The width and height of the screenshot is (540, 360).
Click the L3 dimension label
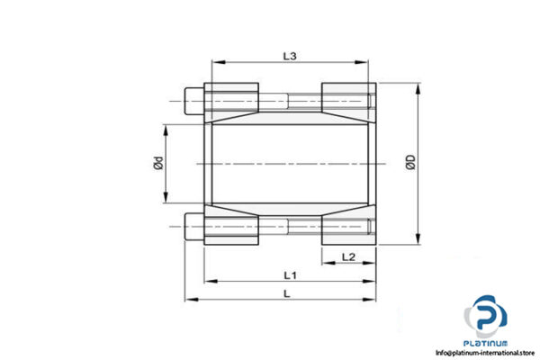(x=289, y=56)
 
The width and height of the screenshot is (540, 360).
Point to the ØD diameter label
(x=411, y=163)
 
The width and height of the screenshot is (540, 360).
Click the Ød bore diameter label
(x=157, y=163)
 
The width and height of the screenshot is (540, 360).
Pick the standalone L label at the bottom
(x=286, y=293)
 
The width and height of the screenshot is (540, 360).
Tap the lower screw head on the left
(x=192, y=227)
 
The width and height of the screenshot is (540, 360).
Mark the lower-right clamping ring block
(x=346, y=228)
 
